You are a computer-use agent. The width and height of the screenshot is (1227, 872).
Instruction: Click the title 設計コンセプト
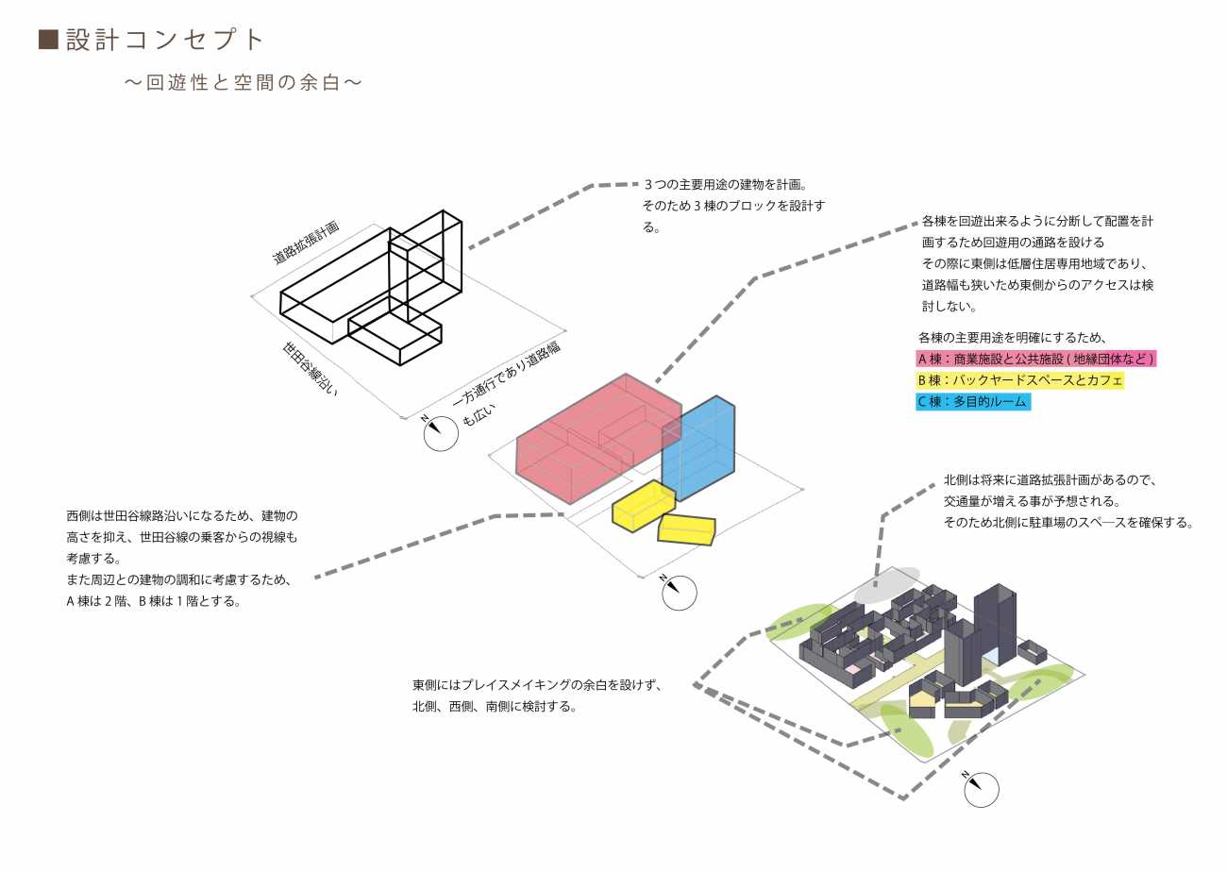point(165,40)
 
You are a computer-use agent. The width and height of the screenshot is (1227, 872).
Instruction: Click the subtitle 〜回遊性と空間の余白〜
point(244,83)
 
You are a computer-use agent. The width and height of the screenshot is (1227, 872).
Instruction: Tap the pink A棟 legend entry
point(1036,360)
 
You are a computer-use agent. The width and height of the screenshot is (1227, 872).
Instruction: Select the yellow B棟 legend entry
point(1019,380)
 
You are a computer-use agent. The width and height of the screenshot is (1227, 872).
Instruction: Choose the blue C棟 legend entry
point(972,402)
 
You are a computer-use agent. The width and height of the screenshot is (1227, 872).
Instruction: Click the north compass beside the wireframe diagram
point(438,433)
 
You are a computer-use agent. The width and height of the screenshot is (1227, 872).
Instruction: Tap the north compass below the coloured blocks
point(679,593)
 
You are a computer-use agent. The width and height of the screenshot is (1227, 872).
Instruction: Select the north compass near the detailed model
point(981,788)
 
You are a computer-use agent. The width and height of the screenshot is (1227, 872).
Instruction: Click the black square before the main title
point(48,40)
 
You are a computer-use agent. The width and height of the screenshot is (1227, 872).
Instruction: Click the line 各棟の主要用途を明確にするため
point(1012,338)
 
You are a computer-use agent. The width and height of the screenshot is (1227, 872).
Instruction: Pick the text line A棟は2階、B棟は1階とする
point(153,600)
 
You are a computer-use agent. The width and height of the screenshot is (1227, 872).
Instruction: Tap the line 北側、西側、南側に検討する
point(494,706)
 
